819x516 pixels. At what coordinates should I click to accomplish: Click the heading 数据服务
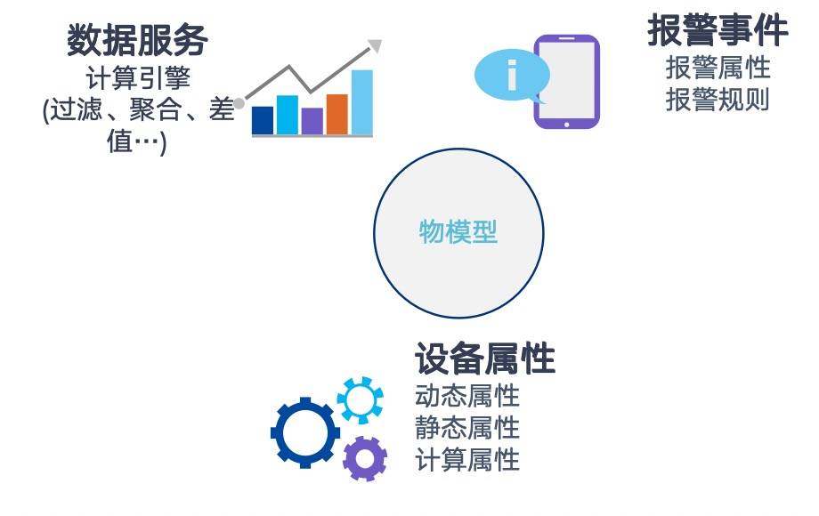click(x=137, y=40)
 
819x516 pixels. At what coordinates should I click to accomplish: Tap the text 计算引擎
click(x=138, y=79)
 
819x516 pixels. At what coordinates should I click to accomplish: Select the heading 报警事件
click(x=718, y=30)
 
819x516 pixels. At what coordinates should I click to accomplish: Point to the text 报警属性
click(x=718, y=69)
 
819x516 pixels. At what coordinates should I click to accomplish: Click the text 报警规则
click(x=718, y=100)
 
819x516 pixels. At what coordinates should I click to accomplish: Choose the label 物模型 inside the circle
click(x=458, y=231)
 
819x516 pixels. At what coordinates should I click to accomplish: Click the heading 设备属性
click(x=485, y=359)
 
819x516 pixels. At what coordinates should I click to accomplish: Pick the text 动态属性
click(x=467, y=396)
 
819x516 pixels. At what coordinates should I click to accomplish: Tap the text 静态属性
click(x=467, y=428)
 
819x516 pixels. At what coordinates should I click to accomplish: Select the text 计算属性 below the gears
click(x=467, y=460)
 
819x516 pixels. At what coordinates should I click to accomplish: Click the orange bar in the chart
click(x=337, y=114)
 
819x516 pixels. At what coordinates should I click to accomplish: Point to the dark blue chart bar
click(x=263, y=120)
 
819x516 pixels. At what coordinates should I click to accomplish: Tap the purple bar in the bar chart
click(x=312, y=121)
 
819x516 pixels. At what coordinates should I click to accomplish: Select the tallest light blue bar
click(x=362, y=102)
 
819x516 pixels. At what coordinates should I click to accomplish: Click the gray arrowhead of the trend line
click(x=375, y=46)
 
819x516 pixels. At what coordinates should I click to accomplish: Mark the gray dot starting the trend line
click(x=239, y=103)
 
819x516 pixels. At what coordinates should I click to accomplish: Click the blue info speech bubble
click(x=512, y=76)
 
